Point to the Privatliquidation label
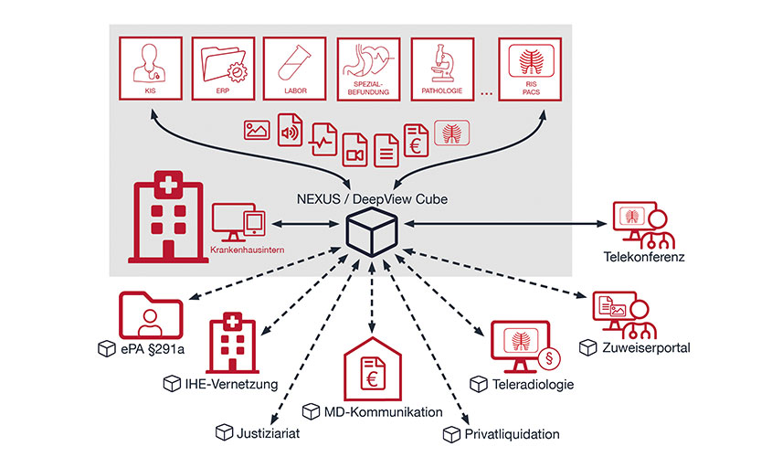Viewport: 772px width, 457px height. [x=512, y=433]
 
